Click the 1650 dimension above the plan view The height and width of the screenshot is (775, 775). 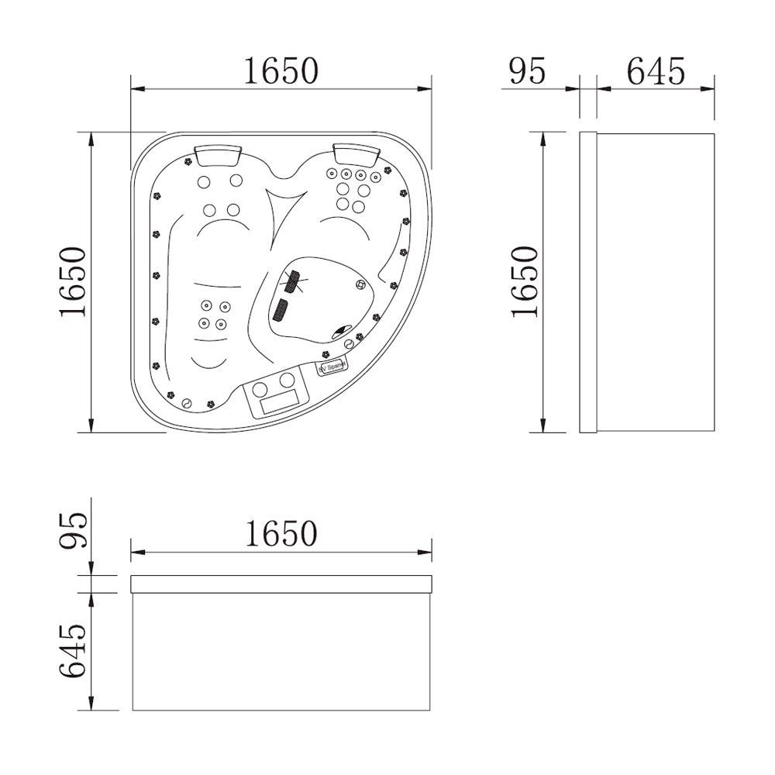point(281,71)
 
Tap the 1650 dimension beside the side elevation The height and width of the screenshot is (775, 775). point(525,281)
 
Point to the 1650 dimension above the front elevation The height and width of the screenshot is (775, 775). point(281,533)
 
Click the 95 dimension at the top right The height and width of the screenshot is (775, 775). point(528,71)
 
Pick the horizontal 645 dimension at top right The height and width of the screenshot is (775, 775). point(656,71)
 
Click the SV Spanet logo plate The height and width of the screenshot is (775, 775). point(334,366)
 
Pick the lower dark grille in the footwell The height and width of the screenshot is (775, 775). point(281,311)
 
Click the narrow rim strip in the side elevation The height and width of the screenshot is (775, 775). point(588,282)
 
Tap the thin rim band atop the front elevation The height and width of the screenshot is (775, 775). point(281,584)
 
